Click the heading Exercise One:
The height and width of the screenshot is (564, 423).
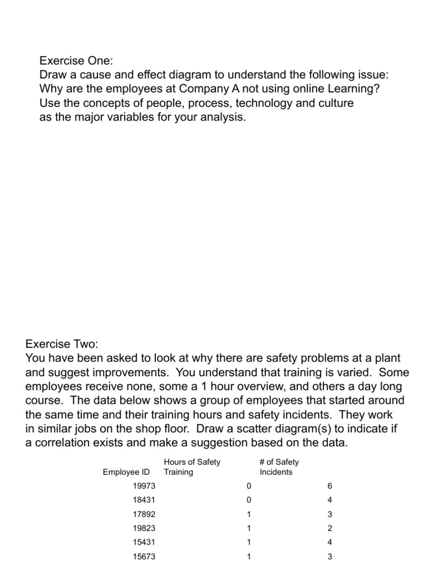(x=76, y=59)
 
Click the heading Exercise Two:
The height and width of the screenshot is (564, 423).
(x=62, y=344)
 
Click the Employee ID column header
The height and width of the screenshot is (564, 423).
(x=126, y=472)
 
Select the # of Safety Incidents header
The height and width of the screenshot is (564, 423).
(x=279, y=467)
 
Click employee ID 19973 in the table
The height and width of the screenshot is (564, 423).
(x=144, y=486)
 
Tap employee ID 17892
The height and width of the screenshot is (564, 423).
(x=144, y=514)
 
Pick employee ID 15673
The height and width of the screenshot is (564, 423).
(x=144, y=557)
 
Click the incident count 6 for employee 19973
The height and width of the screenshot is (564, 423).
(x=329, y=486)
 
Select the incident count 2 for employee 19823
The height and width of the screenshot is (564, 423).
(x=329, y=529)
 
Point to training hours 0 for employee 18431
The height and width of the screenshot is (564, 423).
(x=249, y=500)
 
